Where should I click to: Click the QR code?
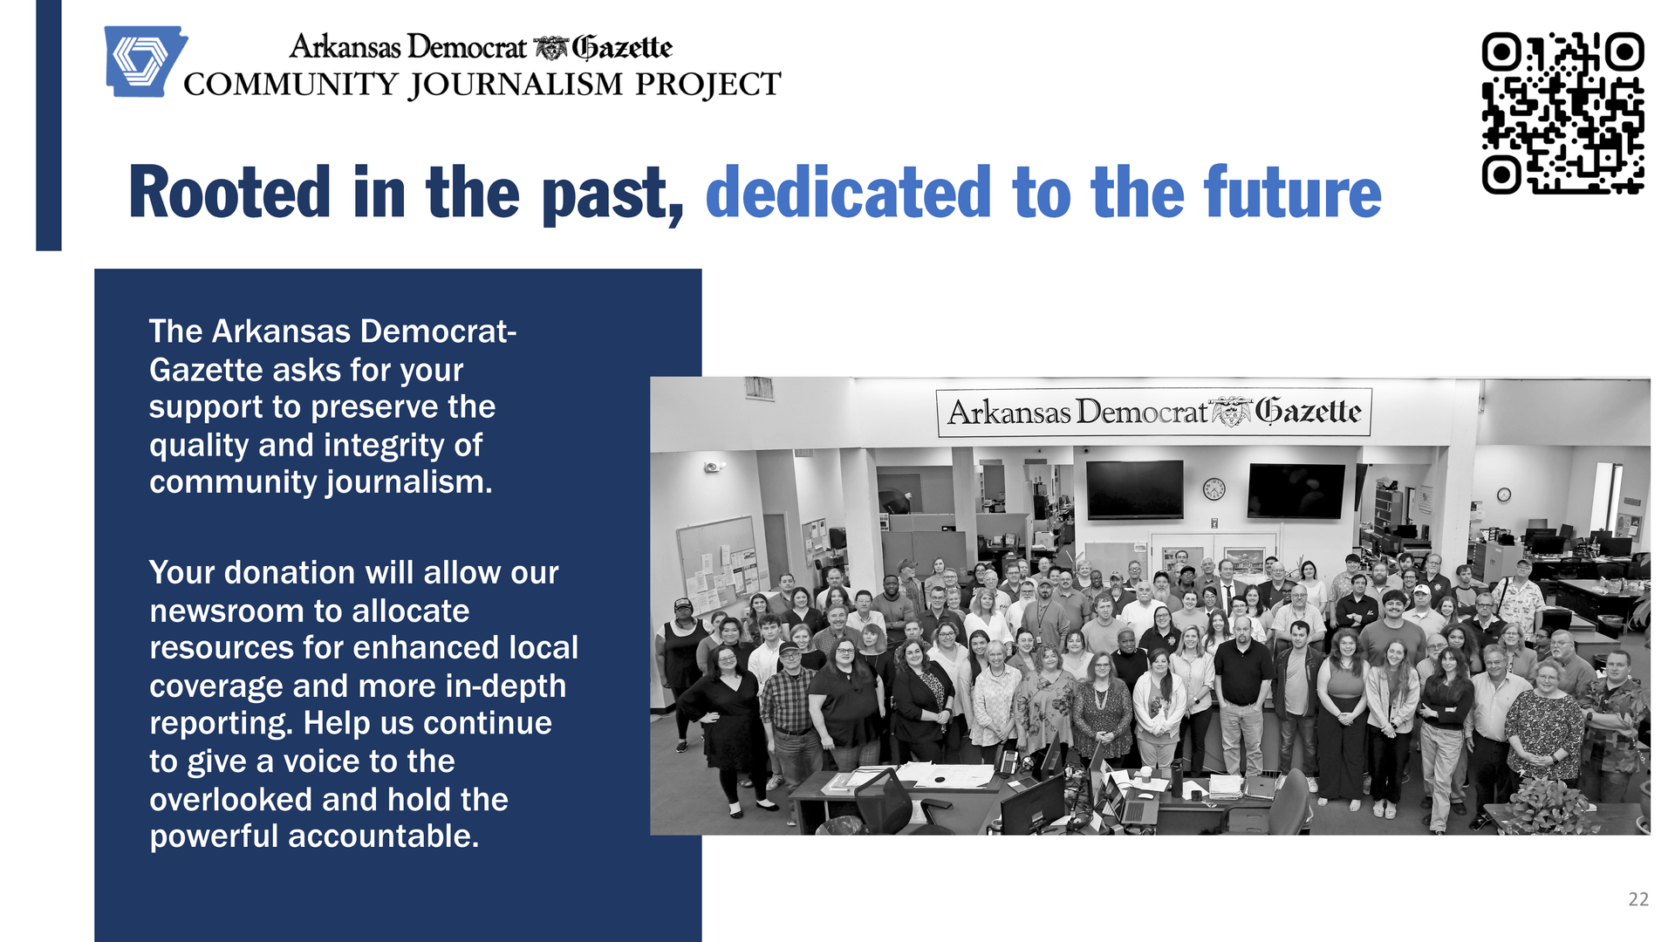tap(1562, 113)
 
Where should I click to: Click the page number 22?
tap(1638, 899)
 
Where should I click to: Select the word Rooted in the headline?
tap(229, 193)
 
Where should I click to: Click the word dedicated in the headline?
tap(848, 193)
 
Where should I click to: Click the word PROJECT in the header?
tap(708, 84)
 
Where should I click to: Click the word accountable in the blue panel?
tap(383, 836)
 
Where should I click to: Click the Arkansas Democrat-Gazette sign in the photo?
tap(1153, 412)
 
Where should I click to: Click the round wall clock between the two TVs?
tap(1214, 488)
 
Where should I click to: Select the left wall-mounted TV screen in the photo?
tap(1134, 489)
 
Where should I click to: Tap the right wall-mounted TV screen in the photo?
tap(1297, 491)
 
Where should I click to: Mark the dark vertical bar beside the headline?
tap(49, 126)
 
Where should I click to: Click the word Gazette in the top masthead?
tap(622, 47)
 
